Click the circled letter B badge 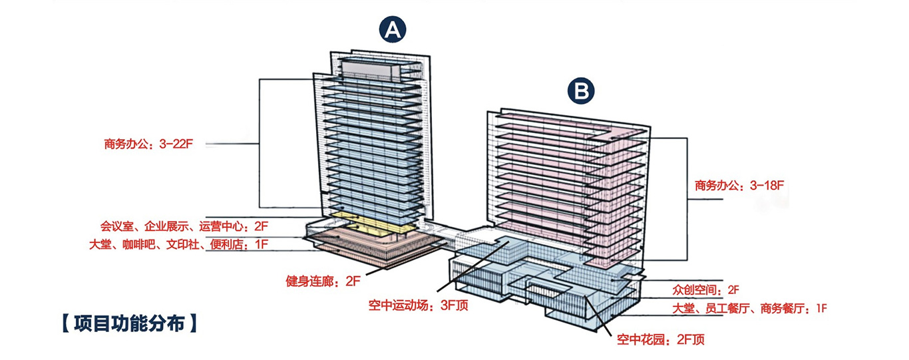(582, 92)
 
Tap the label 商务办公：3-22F (148, 144)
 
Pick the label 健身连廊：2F (323, 281)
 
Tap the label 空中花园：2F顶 (661, 340)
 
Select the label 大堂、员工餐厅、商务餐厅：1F (750, 308)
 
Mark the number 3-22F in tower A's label (176, 144)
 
